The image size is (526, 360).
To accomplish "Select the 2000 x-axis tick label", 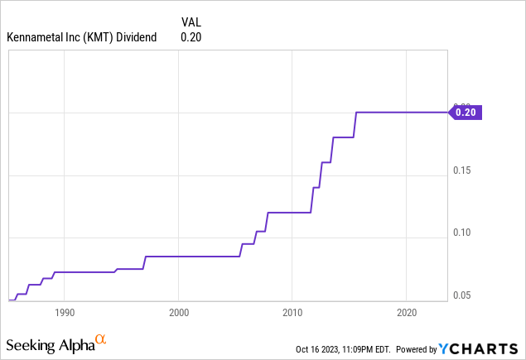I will (179, 313).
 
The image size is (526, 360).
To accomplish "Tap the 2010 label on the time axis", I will (292, 313).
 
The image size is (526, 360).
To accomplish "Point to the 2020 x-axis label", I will (406, 313).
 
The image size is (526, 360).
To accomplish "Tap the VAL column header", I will (191, 21).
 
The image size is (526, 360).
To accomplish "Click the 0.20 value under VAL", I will (191, 36).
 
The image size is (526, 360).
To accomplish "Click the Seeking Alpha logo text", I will (49, 343).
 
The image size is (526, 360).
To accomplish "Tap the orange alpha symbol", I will (100, 340).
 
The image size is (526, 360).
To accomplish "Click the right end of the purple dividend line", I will (446, 112).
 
